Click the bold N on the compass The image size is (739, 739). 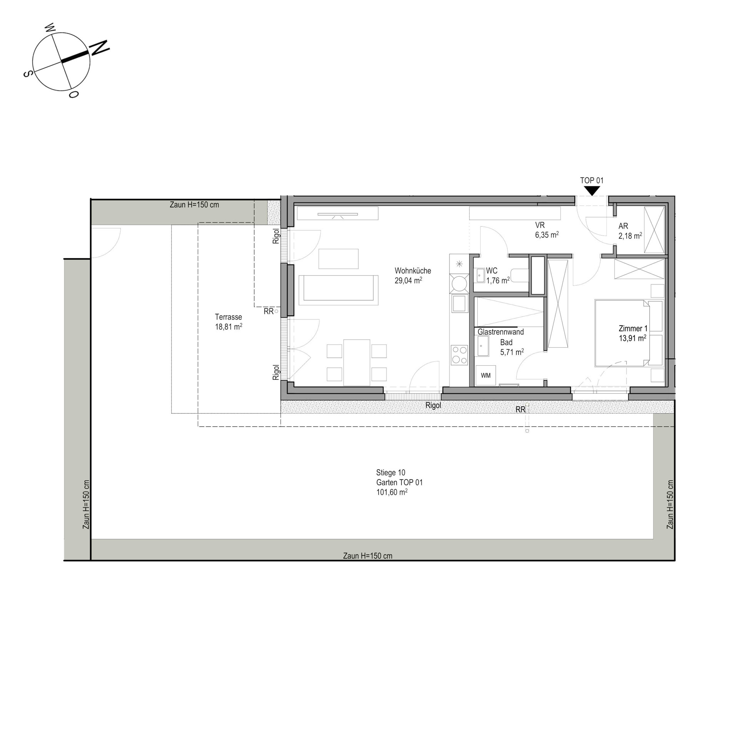(x=100, y=48)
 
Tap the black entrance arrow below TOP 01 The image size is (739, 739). (x=592, y=191)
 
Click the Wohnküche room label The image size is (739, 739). (x=413, y=271)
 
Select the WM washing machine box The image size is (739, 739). (x=486, y=375)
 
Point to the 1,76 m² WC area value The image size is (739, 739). (x=498, y=280)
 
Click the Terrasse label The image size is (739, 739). (x=228, y=317)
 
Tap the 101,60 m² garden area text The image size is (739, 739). (x=392, y=492)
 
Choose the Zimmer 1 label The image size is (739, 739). (x=633, y=328)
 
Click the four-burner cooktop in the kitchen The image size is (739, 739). (x=459, y=355)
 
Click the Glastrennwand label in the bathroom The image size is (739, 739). (x=501, y=331)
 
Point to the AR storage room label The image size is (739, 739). (x=623, y=226)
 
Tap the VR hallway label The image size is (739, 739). (x=540, y=225)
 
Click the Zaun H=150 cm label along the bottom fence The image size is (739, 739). (x=368, y=556)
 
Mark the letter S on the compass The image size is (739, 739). (x=27, y=74)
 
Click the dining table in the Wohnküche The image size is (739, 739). (x=357, y=363)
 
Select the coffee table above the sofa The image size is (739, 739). (x=338, y=259)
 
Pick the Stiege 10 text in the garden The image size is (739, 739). (x=391, y=472)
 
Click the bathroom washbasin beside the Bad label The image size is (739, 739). (x=483, y=346)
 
